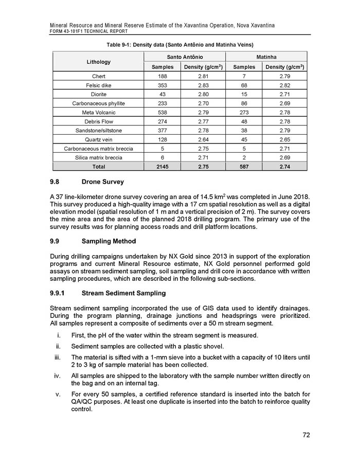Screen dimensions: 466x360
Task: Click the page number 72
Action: pyautogui.click(x=306, y=435)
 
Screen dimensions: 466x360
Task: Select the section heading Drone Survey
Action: pyautogui.click(x=102, y=182)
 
